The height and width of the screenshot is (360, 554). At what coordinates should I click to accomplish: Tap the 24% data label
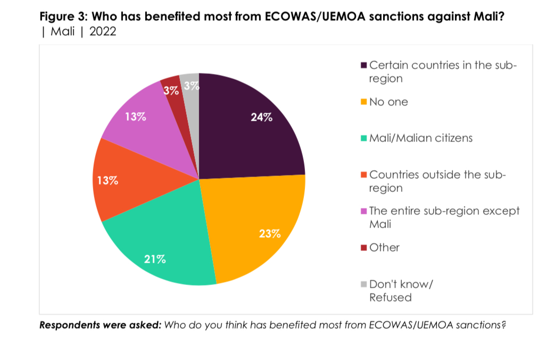[261, 118]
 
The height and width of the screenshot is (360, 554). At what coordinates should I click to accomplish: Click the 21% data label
[155, 259]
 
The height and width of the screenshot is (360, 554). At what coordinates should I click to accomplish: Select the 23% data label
[269, 233]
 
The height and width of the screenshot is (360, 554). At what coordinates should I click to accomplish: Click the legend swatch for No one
[364, 102]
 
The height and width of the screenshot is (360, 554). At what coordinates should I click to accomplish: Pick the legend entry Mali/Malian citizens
[421, 138]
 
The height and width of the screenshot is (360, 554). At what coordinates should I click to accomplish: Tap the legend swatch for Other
[364, 248]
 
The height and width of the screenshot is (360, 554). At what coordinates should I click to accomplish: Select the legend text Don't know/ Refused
[401, 290]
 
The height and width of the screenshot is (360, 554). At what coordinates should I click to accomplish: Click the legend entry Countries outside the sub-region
[436, 181]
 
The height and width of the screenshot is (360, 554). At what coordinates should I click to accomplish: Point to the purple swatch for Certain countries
[364, 65]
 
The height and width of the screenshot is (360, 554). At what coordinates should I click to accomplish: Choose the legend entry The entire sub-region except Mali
[444, 217]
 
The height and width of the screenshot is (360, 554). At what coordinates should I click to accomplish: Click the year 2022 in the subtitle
[103, 31]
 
